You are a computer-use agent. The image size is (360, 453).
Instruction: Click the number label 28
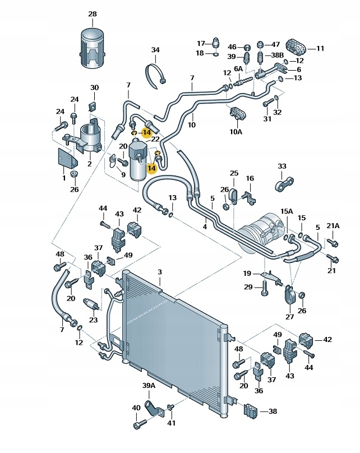pyautogui.click(x=93, y=13)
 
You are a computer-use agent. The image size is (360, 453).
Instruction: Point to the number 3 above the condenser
pyautogui.click(x=159, y=272)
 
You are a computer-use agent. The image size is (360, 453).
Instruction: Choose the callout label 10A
pyautogui.click(x=236, y=132)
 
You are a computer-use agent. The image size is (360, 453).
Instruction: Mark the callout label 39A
pyautogui.click(x=148, y=387)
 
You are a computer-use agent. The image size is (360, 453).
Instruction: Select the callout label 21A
pyautogui.click(x=333, y=226)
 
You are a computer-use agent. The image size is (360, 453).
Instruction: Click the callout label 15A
pyautogui.click(x=287, y=211)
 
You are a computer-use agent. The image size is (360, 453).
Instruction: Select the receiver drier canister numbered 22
pyautogui.click(x=138, y=161)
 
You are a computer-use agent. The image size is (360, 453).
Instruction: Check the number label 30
pyautogui.click(x=94, y=87)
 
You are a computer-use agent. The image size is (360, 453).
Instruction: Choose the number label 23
pyautogui.click(x=93, y=321)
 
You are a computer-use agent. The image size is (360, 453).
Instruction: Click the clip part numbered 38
pyautogui.click(x=250, y=410)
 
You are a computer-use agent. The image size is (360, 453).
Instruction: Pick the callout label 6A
pyautogui.click(x=238, y=69)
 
